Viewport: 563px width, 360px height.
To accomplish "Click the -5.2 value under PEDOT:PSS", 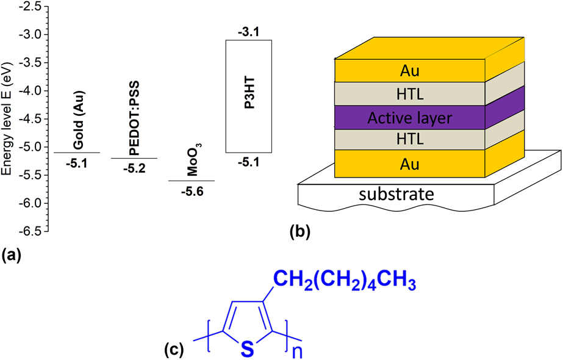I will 134,168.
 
